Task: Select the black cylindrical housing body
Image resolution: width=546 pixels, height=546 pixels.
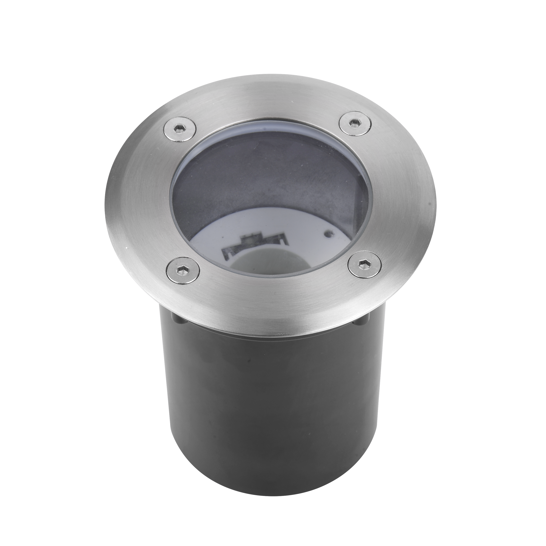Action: click(x=271, y=410)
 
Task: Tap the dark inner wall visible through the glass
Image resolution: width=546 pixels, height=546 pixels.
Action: click(x=254, y=175)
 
